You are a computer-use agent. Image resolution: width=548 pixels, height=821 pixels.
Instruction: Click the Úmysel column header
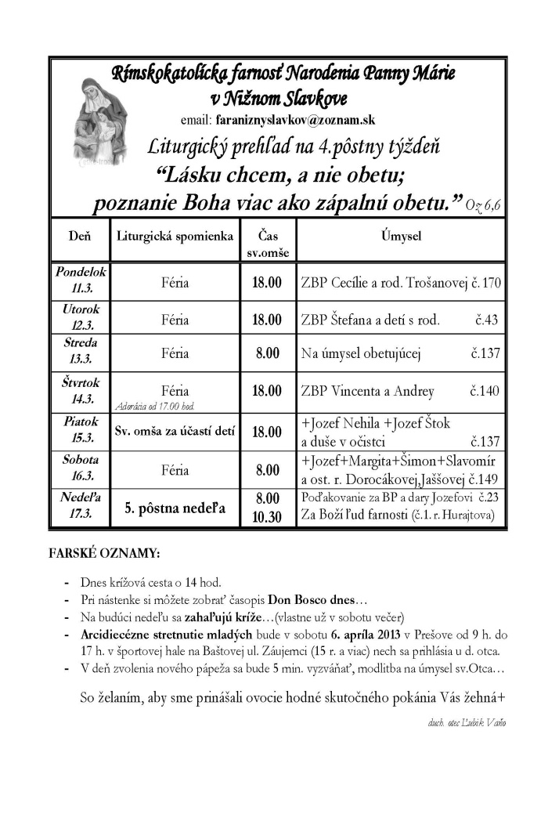(x=402, y=235)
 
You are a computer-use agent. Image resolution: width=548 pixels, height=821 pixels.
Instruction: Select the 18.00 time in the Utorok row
(x=268, y=320)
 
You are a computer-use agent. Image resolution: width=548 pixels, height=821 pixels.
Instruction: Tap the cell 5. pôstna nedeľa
(x=175, y=508)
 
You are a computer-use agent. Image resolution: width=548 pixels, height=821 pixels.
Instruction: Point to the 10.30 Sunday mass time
(x=268, y=517)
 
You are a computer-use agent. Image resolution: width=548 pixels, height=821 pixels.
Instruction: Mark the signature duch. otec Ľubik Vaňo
(x=463, y=723)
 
